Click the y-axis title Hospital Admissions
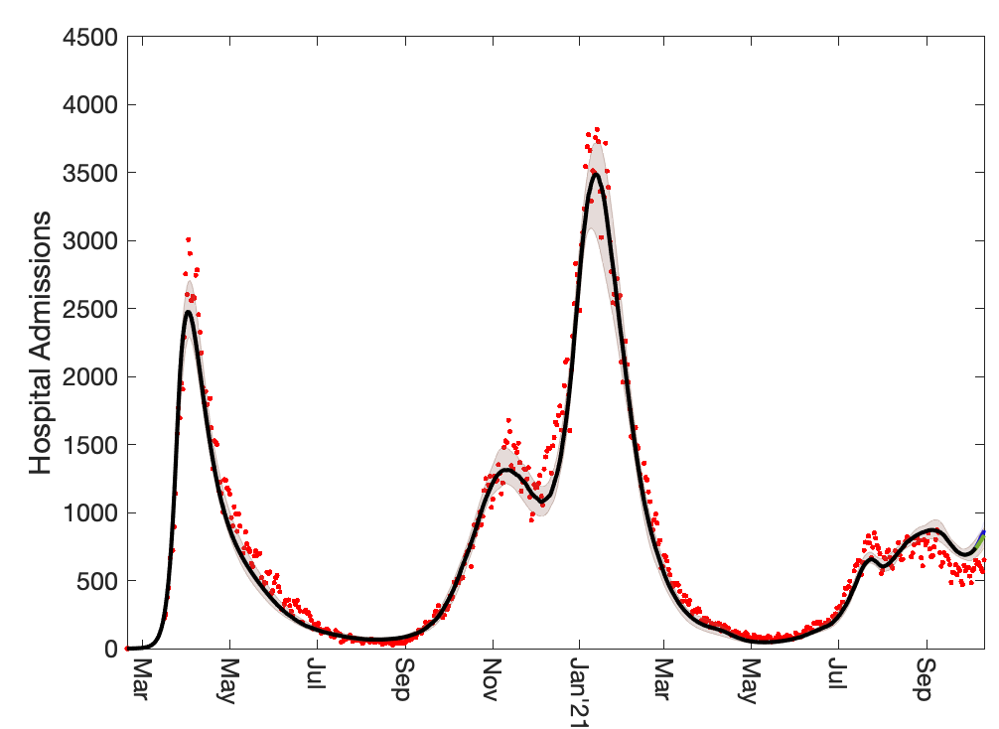[x=40, y=343]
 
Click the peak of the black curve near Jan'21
[x=594, y=174]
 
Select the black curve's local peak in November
[x=503, y=471]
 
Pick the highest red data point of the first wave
[x=188, y=239]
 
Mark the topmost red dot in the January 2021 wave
[x=596, y=129]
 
